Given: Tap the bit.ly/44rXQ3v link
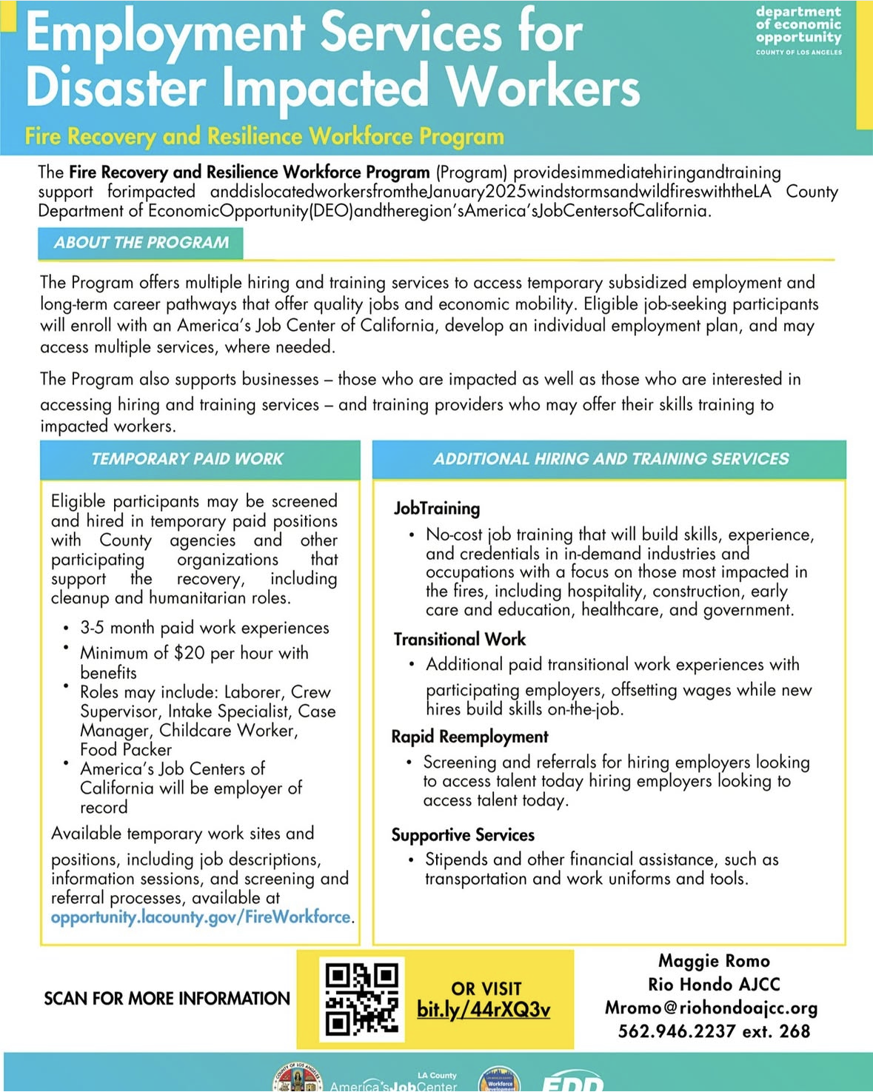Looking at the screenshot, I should click(x=484, y=1010).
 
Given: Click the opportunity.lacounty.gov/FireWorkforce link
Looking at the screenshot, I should click(x=201, y=917).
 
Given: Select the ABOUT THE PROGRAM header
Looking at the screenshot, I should click(x=141, y=243).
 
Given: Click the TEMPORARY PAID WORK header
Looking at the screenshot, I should click(x=187, y=459).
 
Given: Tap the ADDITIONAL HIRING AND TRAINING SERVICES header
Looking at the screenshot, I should click(x=611, y=459).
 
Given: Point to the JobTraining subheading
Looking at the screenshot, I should click(x=437, y=509).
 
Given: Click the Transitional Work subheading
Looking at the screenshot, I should click(x=459, y=640).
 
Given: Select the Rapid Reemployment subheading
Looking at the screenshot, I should click(x=469, y=737).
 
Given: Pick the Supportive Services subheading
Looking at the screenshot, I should click(x=463, y=835).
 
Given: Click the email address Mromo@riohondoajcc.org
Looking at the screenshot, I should click(x=711, y=1008).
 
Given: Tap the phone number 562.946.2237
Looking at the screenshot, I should click(x=677, y=1031).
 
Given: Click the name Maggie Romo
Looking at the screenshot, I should click(x=714, y=961).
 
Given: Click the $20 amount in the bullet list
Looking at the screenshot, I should click(x=190, y=653).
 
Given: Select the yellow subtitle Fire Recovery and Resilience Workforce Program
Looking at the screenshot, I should click(x=264, y=137).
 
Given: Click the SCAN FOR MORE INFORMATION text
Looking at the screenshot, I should click(x=167, y=999).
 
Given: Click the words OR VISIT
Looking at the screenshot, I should click(x=486, y=989).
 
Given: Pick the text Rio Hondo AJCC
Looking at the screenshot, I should click(x=714, y=985).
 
